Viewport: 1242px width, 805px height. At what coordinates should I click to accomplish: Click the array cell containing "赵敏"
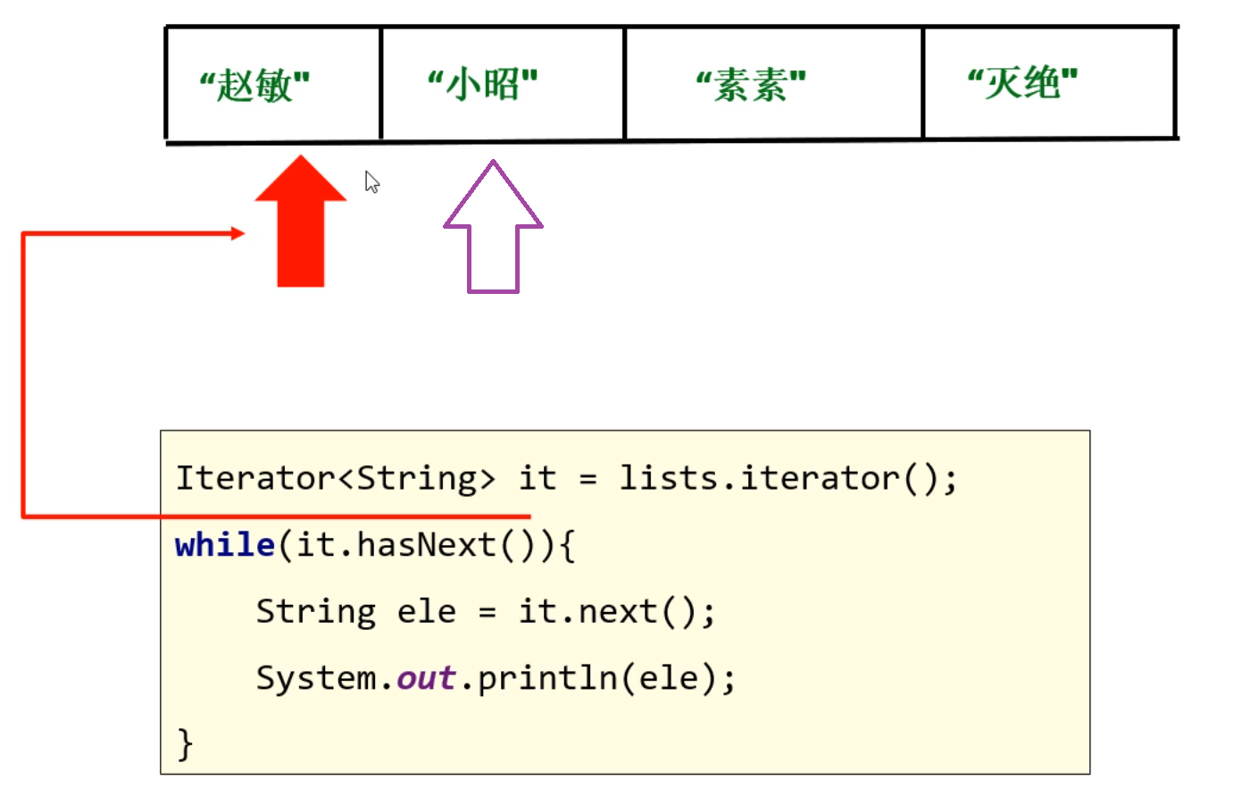pos(273,84)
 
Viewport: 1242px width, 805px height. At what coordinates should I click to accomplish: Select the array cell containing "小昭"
pos(503,84)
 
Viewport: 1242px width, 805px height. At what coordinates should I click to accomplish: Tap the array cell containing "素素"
pos(773,83)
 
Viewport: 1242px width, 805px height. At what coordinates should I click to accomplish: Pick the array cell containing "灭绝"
pos(1050,83)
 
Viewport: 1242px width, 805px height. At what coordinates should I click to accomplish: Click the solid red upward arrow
pos(301,221)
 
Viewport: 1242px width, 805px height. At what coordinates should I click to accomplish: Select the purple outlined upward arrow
pos(493,226)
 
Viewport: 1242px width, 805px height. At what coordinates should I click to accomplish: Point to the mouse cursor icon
pos(372,182)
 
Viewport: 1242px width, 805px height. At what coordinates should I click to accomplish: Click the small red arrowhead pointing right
pos(238,233)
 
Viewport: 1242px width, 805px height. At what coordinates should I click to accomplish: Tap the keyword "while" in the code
pos(224,545)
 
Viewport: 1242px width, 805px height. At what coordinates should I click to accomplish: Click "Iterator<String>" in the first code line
pos(336,478)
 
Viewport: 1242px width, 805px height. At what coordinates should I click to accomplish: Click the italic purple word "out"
pos(427,678)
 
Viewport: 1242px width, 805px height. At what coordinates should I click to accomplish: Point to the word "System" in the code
pos(316,678)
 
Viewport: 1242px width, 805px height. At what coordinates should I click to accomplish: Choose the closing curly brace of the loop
pos(185,744)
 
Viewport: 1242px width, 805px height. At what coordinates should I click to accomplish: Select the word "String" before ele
pos(316,613)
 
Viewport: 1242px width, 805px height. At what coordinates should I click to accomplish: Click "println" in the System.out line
pos(548,679)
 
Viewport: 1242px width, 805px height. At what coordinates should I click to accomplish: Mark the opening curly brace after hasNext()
pos(568,546)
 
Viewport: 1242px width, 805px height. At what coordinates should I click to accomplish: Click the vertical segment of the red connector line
pos(22,375)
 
